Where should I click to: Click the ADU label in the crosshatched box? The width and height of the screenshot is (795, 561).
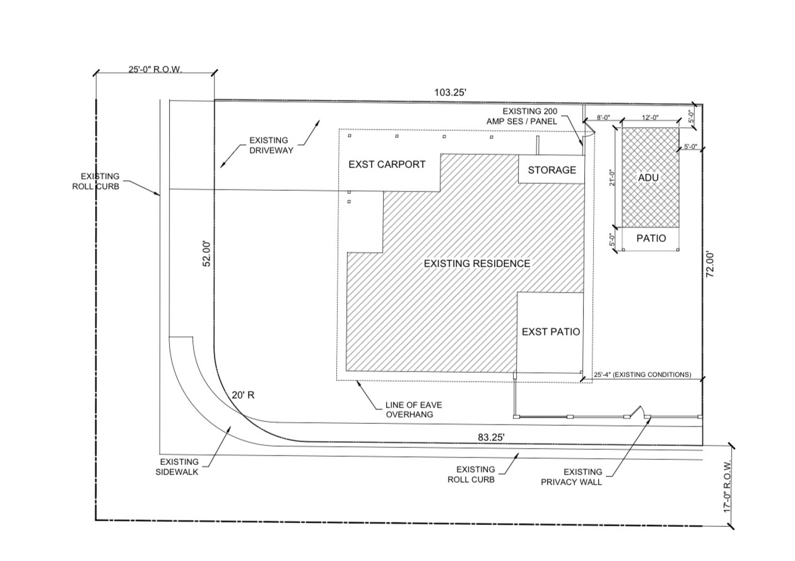(x=648, y=178)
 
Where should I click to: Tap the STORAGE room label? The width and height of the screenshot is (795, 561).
(x=552, y=170)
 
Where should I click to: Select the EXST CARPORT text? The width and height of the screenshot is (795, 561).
(x=387, y=164)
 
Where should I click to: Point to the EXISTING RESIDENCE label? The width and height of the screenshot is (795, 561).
(x=477, y=263)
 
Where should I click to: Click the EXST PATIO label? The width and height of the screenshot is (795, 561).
(x=551, y=332)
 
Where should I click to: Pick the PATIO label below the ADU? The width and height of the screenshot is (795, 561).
(x=651, y=238)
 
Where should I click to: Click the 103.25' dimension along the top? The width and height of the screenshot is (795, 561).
(x=450, y=93)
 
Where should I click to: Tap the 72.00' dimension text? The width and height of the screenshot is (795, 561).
(x=711, y=265)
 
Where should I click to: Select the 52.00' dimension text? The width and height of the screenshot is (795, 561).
(x=207, y=254)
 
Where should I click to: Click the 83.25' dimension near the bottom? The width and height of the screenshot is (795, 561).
(x=491, y=438)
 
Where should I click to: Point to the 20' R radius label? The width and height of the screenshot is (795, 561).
(x=243, y=395)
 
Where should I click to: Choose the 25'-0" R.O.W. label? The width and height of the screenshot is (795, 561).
(x=155, y=69)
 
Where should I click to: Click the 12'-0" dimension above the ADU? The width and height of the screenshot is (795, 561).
(x=650, y=118)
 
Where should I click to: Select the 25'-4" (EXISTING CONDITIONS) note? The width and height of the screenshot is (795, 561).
(x=642, y=375)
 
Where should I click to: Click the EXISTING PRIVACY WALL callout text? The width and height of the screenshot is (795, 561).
(x=572, y=477)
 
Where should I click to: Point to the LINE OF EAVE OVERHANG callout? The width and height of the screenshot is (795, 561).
(x=413, y=409)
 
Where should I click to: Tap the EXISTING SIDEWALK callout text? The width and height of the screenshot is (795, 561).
(x=177, y=467)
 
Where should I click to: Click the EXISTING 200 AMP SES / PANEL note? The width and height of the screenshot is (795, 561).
(x=522, y=116)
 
